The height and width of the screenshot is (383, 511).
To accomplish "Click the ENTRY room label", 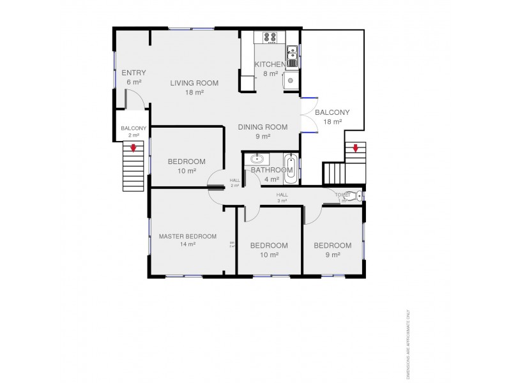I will click(x=133, y=73).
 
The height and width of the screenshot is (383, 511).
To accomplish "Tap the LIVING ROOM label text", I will click(x=194, y=83).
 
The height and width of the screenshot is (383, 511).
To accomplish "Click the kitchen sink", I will click(x=292, y=56).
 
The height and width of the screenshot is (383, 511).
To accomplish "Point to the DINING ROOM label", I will click(x=263, y=127).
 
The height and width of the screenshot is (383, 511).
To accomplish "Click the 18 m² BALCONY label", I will click(x=332, y=112).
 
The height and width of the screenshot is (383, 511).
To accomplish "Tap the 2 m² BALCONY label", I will click(x=133, y=128).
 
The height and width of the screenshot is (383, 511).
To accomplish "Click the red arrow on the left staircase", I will click(x=133, y=149).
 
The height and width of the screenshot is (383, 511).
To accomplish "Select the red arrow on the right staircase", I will click(x=355, y=149).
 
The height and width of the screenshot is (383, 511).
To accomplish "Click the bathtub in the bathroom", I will click(x=290, y=168).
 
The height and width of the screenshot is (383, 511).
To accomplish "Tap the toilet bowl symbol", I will click(x=359, y=196).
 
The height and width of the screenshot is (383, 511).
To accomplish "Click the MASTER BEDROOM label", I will click(x=187, y=236).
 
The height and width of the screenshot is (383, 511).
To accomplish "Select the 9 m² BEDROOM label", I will click(x=332, y=246).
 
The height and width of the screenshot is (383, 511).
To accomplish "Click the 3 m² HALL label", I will click(x=282, y=195).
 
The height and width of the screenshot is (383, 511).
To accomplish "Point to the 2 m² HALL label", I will click(x=234, y=181).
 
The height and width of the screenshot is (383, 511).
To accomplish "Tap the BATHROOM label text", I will click(x=267, y=170).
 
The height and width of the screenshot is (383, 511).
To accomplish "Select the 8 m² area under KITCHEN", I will click(x=270, y=73).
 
